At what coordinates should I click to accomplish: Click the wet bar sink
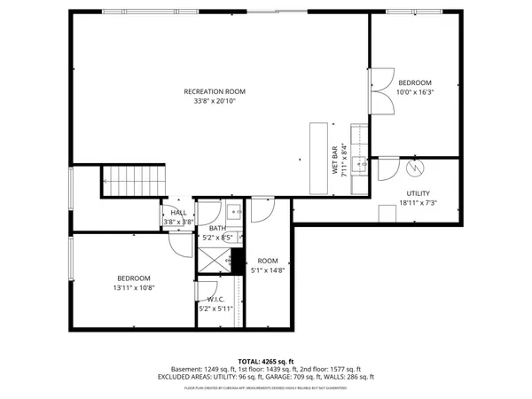pos(361,163)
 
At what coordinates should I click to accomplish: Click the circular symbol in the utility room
pos(413,168)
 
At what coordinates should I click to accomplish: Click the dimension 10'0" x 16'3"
pos(415,91)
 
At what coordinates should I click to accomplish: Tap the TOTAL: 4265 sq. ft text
pos(266,362)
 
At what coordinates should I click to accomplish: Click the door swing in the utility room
pos(387,168)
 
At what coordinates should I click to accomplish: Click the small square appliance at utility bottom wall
pos(387,214)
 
